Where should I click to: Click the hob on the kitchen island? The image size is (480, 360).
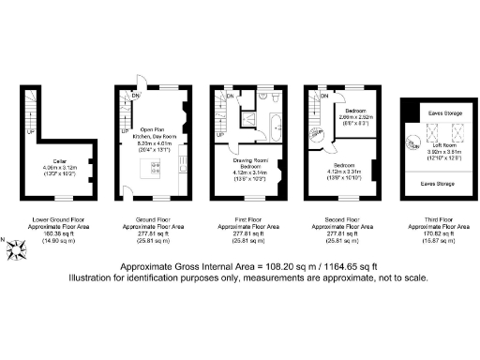(x=156, y=169)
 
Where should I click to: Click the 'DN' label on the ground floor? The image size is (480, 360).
(x=136, y=95)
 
